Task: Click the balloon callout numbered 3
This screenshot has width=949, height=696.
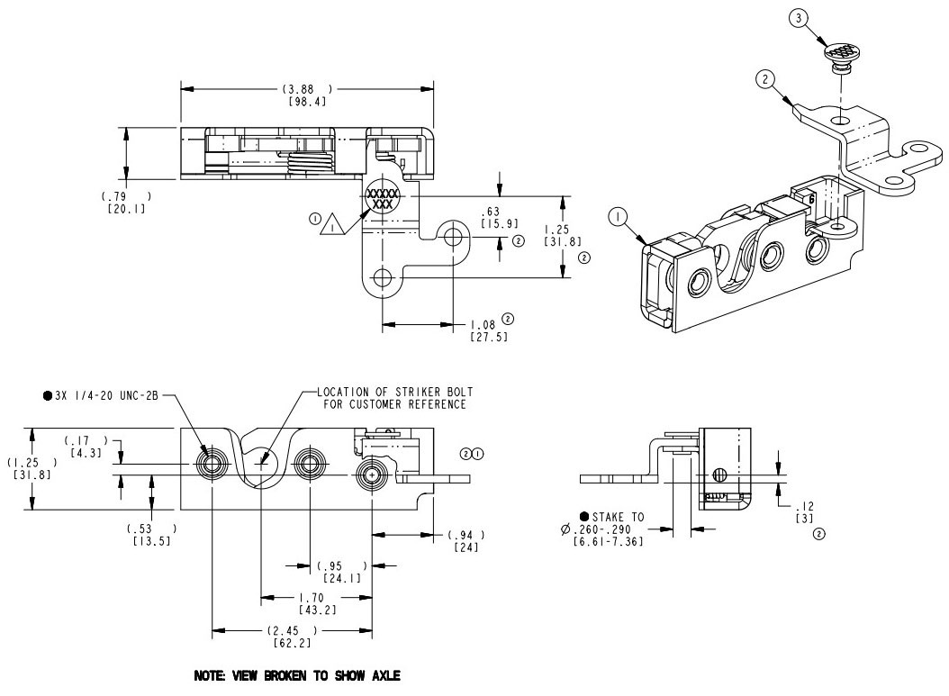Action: (800, 19)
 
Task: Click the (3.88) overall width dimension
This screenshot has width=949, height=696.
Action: (306, 88)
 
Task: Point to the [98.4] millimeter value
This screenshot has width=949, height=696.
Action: (306, 103)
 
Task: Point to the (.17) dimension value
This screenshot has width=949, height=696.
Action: (86, 439)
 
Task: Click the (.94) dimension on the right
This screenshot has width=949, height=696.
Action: (465, 535)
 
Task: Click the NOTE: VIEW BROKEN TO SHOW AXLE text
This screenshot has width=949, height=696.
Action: (296, 674)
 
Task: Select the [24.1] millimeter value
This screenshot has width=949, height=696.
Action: (341, 577)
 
